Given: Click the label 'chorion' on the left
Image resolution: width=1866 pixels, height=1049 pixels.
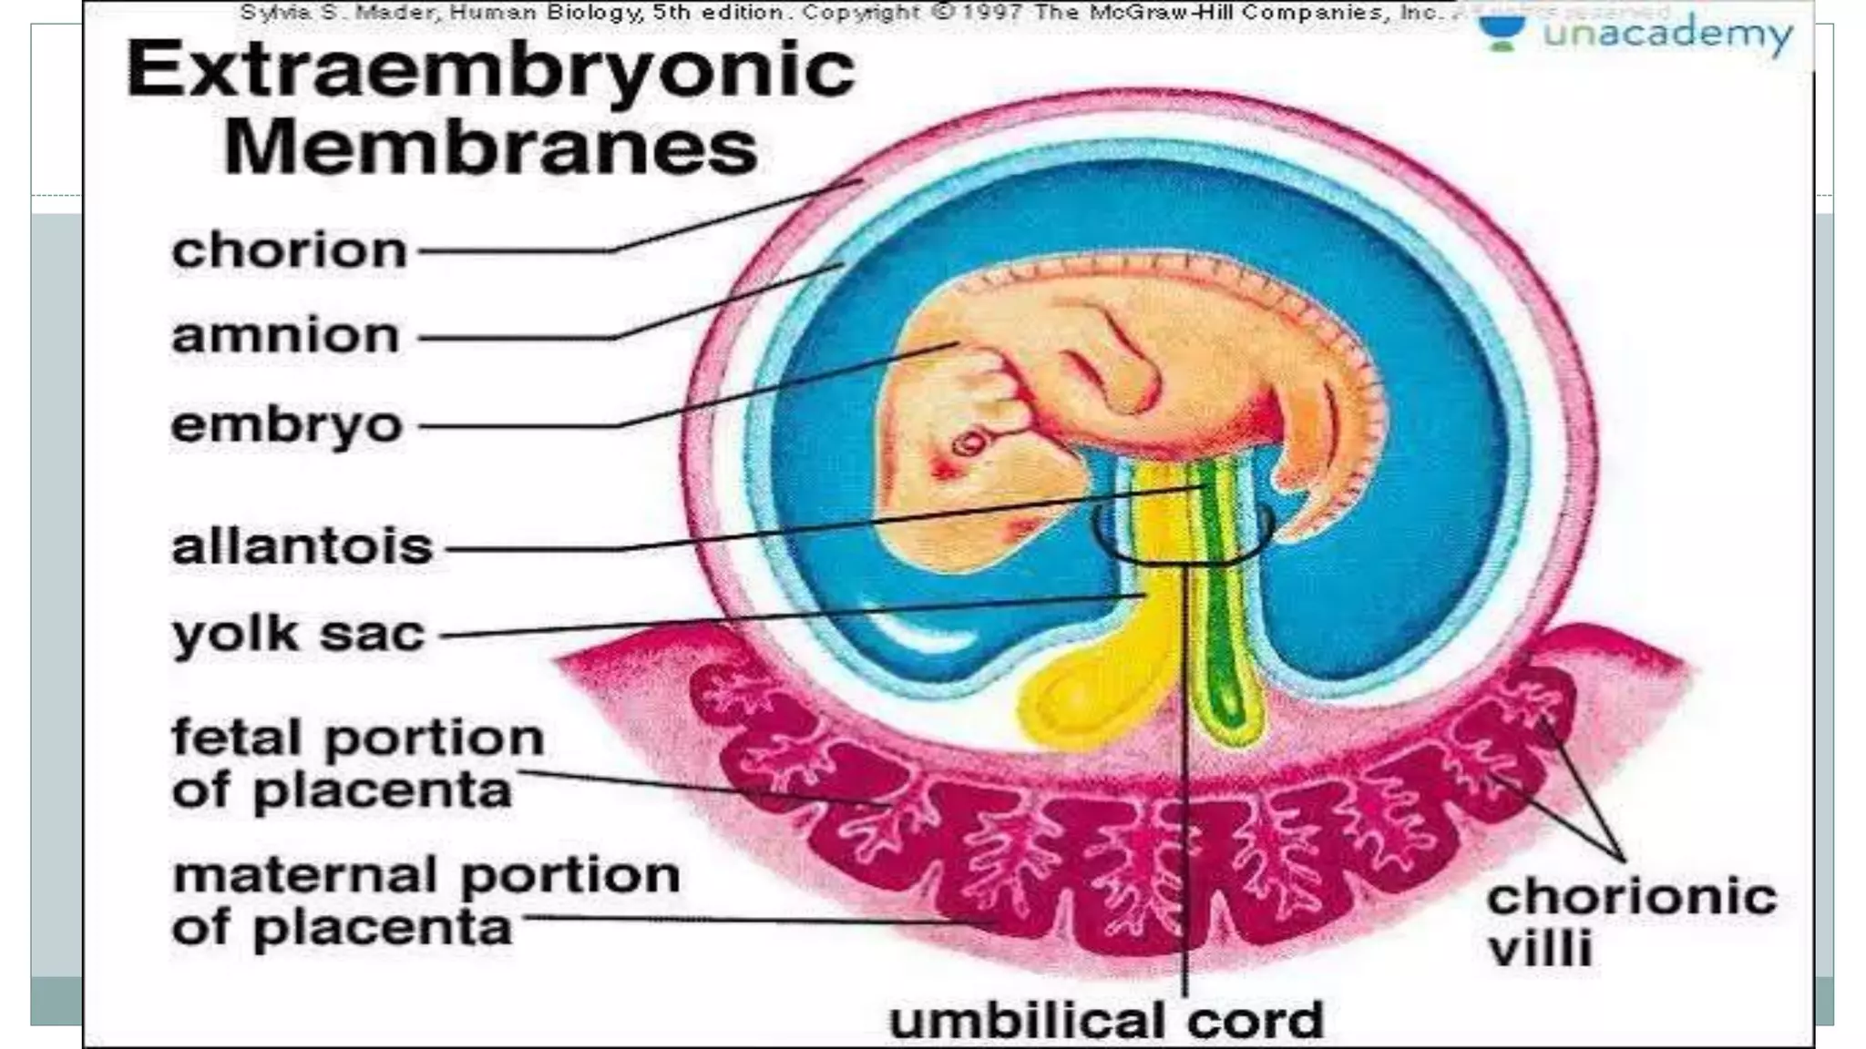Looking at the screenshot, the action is tap(289, 250).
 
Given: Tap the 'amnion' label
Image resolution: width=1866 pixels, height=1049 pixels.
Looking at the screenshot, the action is tap(285, 336).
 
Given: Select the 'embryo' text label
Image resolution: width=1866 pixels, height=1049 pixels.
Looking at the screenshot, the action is tap(286, 426).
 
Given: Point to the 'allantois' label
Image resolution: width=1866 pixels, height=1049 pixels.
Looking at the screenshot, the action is tap(302, 547).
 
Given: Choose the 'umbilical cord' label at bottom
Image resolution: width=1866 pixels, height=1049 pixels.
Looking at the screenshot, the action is tap(1106, 1019).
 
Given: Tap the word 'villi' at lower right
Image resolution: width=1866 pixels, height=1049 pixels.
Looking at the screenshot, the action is tap(1540, 948).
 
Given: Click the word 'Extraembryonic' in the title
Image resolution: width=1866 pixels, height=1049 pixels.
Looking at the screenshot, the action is tap(490, 69).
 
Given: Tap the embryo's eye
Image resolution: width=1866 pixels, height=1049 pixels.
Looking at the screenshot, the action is tap(969, 443).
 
